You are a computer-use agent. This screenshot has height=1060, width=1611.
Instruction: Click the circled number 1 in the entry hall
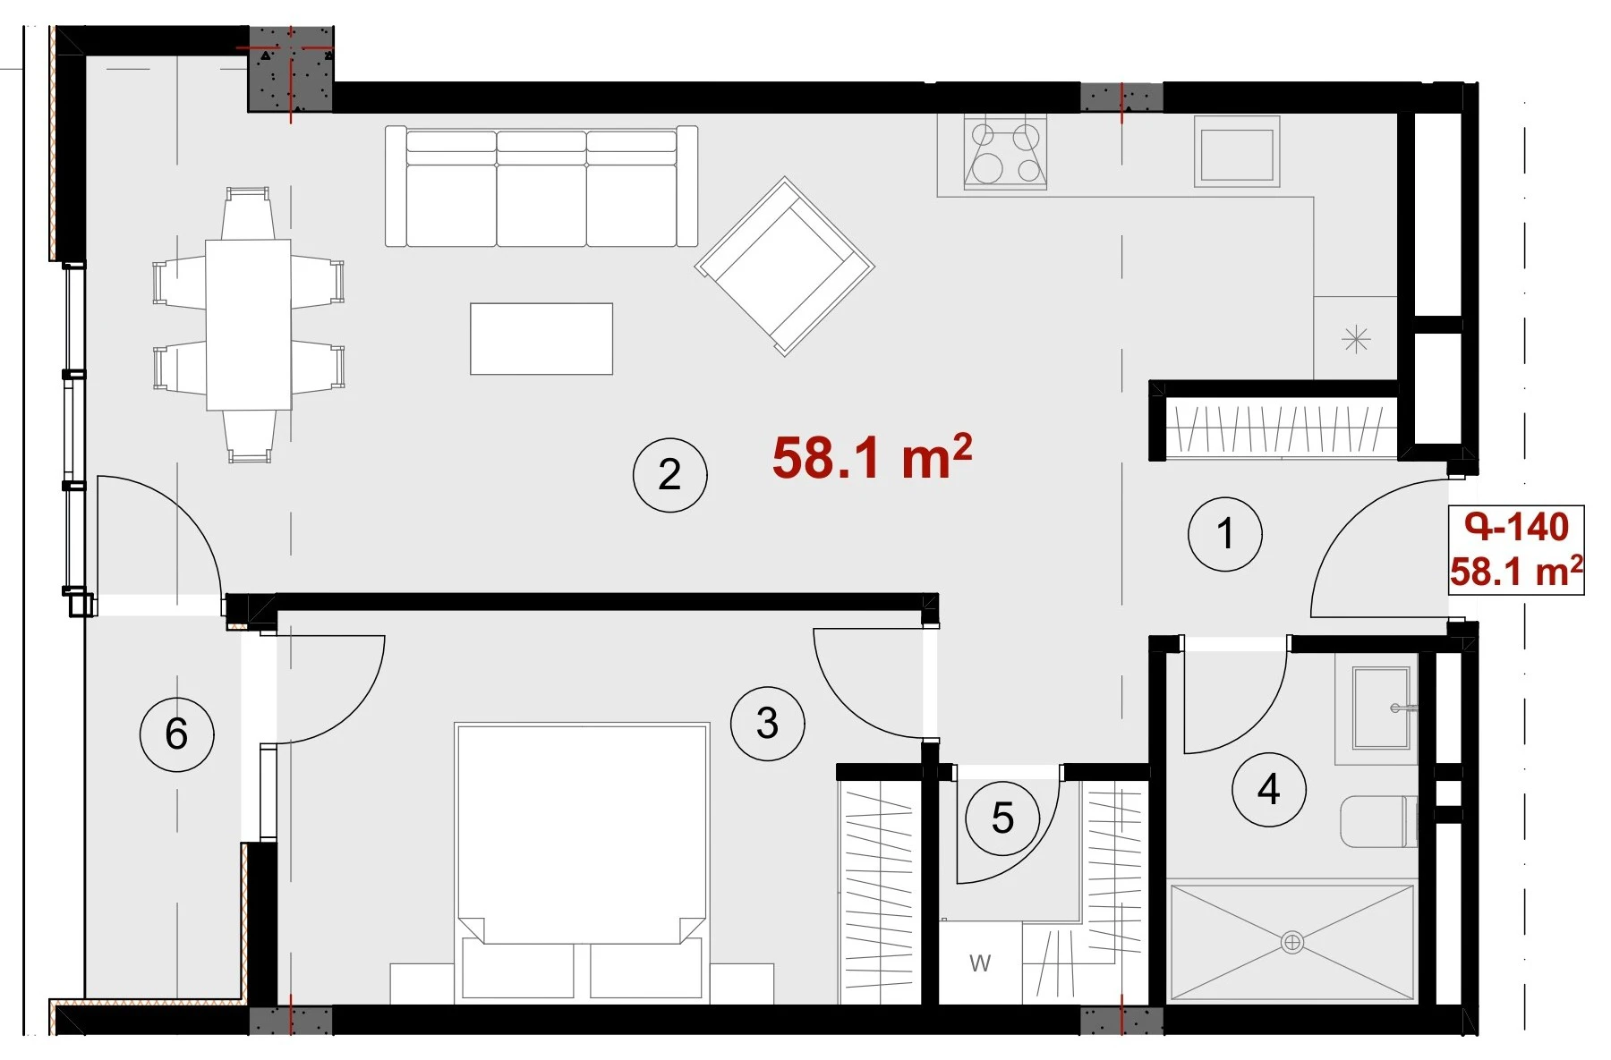point(1224,534)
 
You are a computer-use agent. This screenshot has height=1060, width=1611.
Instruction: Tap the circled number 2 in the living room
point(669,474)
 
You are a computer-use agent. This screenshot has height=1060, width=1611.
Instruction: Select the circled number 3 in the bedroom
point(767,723)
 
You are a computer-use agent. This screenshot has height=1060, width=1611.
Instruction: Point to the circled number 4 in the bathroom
point(1268,789)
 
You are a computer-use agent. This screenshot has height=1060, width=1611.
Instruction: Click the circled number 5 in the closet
point(1002,818)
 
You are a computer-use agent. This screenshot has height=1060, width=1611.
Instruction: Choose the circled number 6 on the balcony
point(176,734)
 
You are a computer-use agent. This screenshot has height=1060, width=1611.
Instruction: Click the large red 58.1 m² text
point(872,457)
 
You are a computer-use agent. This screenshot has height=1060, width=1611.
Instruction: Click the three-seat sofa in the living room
point(541,186)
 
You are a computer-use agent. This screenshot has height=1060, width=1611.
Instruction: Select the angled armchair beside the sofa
point(785,266)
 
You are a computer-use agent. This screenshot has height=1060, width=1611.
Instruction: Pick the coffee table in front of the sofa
point(541,338)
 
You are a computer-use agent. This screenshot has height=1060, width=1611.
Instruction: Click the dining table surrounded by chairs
point(248,325)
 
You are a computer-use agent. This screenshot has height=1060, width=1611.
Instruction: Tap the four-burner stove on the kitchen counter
point(1005,152)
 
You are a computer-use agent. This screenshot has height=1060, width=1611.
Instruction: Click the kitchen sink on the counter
point(1237,153)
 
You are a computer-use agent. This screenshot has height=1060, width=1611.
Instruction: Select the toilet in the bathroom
point(1378,821)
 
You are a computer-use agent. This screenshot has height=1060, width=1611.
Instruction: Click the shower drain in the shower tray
point(1291,942)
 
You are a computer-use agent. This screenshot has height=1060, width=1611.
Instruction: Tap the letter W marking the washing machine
point(980,963)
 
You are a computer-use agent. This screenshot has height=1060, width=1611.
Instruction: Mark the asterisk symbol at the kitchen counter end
point(1356,339)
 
